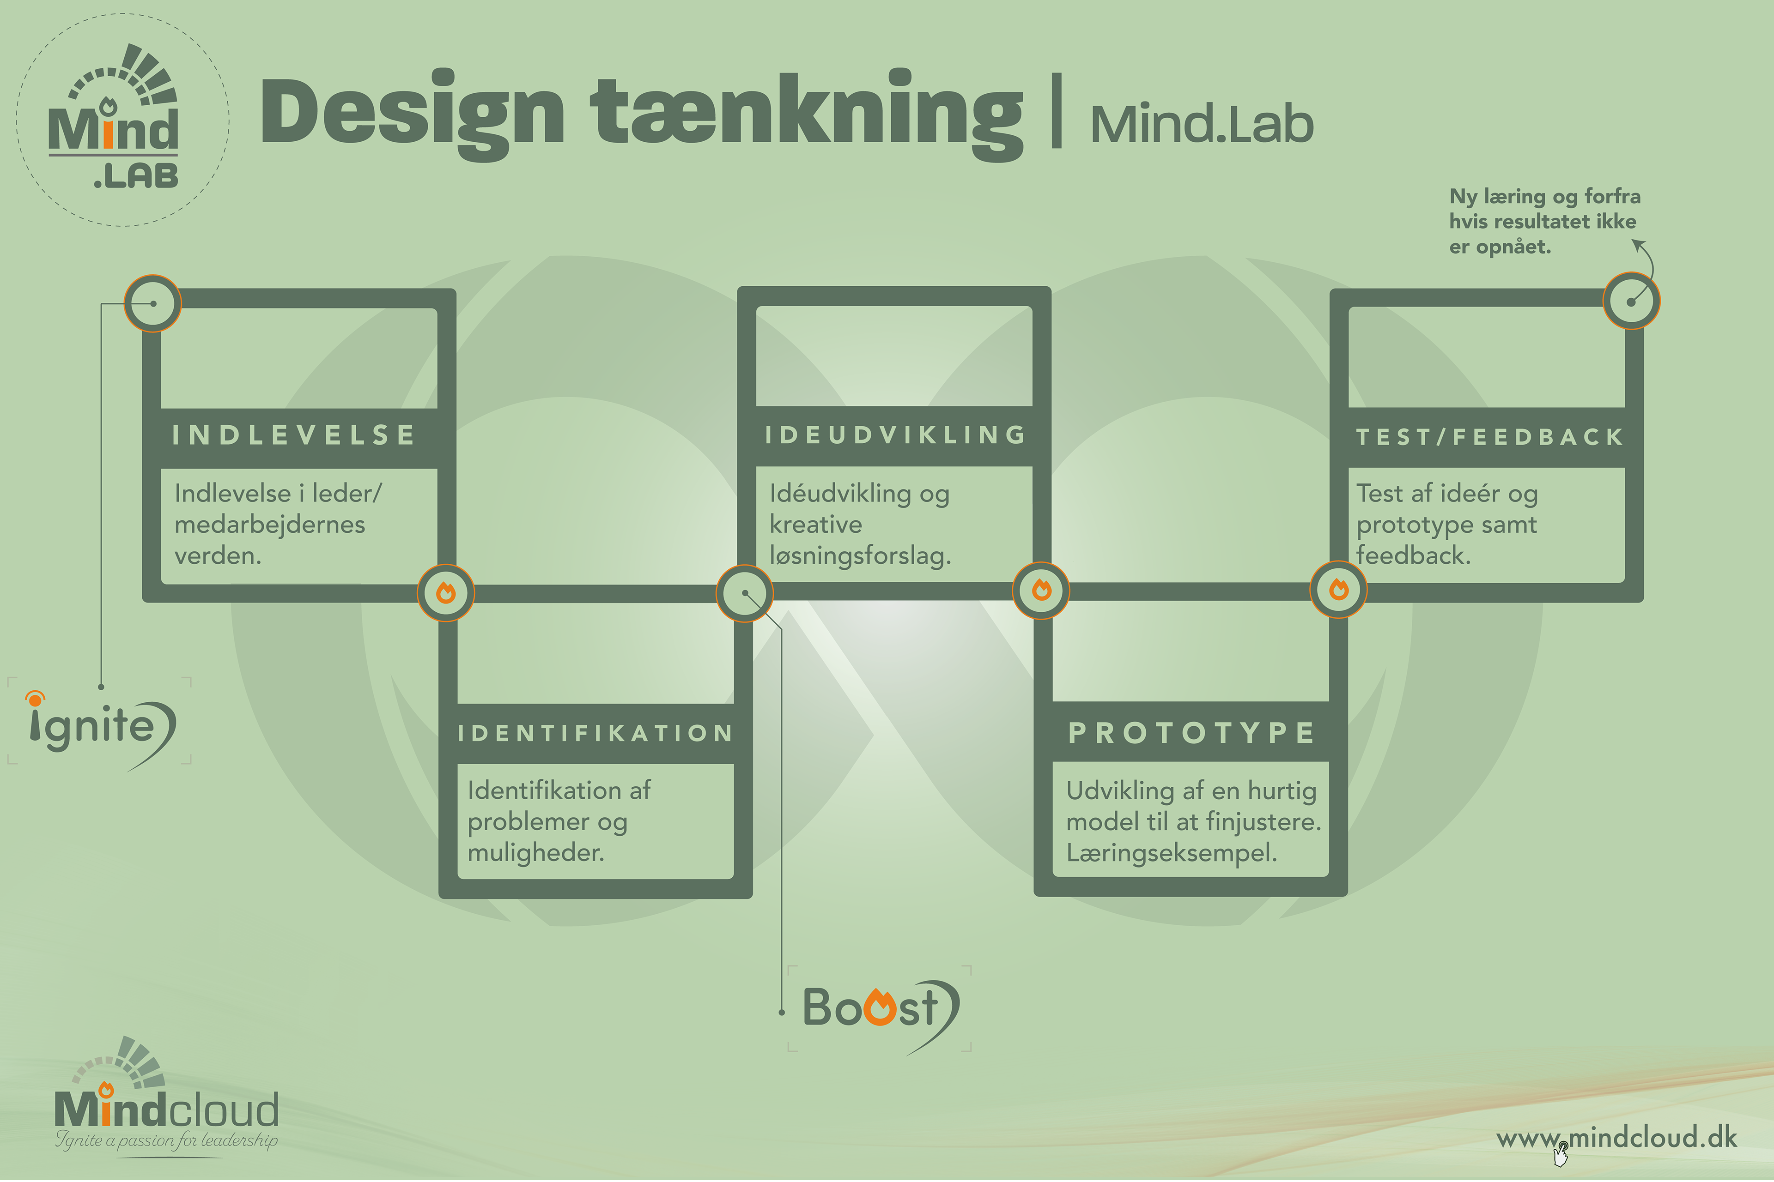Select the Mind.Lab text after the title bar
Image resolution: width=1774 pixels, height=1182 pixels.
point(1201,124)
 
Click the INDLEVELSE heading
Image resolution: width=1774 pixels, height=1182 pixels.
point(294,435)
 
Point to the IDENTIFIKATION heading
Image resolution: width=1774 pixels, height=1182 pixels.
point(595,733)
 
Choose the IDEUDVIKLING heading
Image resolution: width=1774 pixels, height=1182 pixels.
point(895,435)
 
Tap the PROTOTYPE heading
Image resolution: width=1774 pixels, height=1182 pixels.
point(1192,733)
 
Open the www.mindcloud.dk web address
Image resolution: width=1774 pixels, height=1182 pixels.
point(1616,1137)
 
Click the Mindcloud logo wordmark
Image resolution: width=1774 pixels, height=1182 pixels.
point(166,1110)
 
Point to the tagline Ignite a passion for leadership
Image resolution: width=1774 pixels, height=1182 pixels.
point(166,1140)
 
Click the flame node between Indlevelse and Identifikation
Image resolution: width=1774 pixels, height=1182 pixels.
point(446,592)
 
